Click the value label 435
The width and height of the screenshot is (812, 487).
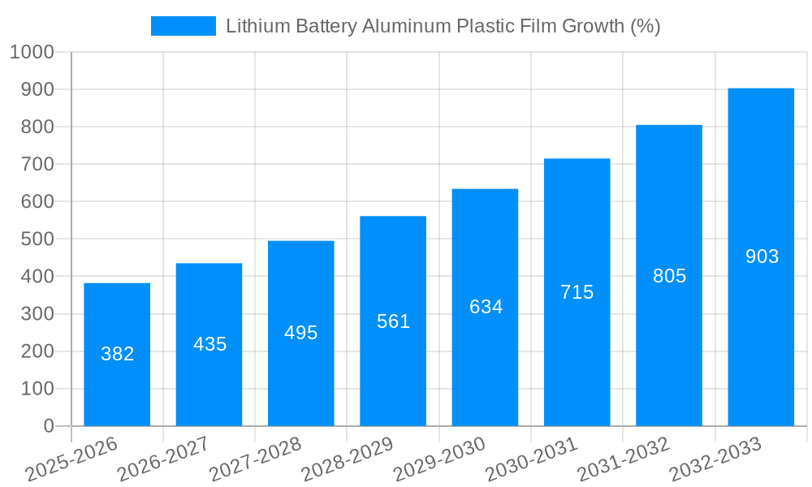209,344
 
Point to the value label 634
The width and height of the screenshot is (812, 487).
486,307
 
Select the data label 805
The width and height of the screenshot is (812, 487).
669,276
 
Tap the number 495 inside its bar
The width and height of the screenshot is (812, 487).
300,333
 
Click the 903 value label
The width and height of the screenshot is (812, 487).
762,256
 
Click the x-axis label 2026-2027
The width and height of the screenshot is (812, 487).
163,459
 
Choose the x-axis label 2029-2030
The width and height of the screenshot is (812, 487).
439,459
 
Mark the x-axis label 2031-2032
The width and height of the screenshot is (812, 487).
624,459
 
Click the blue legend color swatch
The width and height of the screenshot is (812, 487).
183,26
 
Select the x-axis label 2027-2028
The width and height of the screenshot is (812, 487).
256,459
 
